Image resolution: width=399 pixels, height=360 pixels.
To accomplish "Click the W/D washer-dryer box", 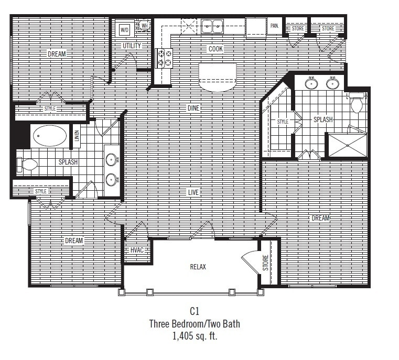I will tap(124, 30).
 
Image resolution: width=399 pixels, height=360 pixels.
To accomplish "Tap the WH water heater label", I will tap(144, 25).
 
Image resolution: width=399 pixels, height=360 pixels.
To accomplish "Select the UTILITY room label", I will tap(132, 46).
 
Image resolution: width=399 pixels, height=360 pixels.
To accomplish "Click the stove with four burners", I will tap(164, 58).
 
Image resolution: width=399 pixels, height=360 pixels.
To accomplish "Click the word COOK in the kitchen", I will tap(215, 49).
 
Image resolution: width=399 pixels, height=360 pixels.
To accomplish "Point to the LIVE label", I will tap(193, 192).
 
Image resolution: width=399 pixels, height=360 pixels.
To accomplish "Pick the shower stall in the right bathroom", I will tap(347, 145).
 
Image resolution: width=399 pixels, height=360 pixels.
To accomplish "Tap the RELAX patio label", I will tap(198, 267).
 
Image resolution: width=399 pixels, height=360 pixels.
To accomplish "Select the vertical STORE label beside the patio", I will tap(266, 264).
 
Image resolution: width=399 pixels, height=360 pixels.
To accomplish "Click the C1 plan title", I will tap(195, 311).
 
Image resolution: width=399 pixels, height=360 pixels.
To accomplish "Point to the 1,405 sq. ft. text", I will tap(195, 336).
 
